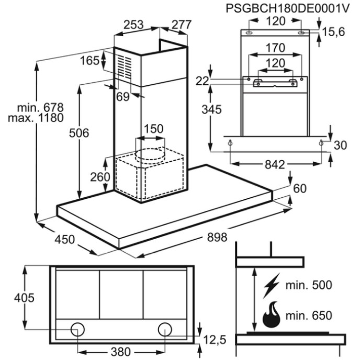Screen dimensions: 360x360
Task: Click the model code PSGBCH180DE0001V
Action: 288,8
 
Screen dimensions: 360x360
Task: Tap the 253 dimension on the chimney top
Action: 133,25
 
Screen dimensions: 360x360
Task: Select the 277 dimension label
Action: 182,25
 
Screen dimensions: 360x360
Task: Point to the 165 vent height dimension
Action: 89,61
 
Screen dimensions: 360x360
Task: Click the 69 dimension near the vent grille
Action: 123,97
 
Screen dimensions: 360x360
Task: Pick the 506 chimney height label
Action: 79,133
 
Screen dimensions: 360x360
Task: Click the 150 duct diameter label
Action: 153,129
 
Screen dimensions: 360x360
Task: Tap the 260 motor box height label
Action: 100,177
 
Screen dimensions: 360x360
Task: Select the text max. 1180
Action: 36,118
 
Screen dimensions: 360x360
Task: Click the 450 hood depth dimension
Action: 65,240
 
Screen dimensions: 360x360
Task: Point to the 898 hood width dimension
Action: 217,237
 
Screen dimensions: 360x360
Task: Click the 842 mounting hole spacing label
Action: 275,165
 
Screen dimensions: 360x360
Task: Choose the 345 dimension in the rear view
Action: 212,109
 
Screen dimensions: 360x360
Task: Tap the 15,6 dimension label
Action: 334,32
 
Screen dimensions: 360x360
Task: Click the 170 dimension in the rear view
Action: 275,48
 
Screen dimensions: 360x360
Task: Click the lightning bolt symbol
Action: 271,285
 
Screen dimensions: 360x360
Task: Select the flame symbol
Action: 272,314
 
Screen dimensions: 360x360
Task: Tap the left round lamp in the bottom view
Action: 77,330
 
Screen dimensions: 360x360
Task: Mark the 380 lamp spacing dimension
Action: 120,352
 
